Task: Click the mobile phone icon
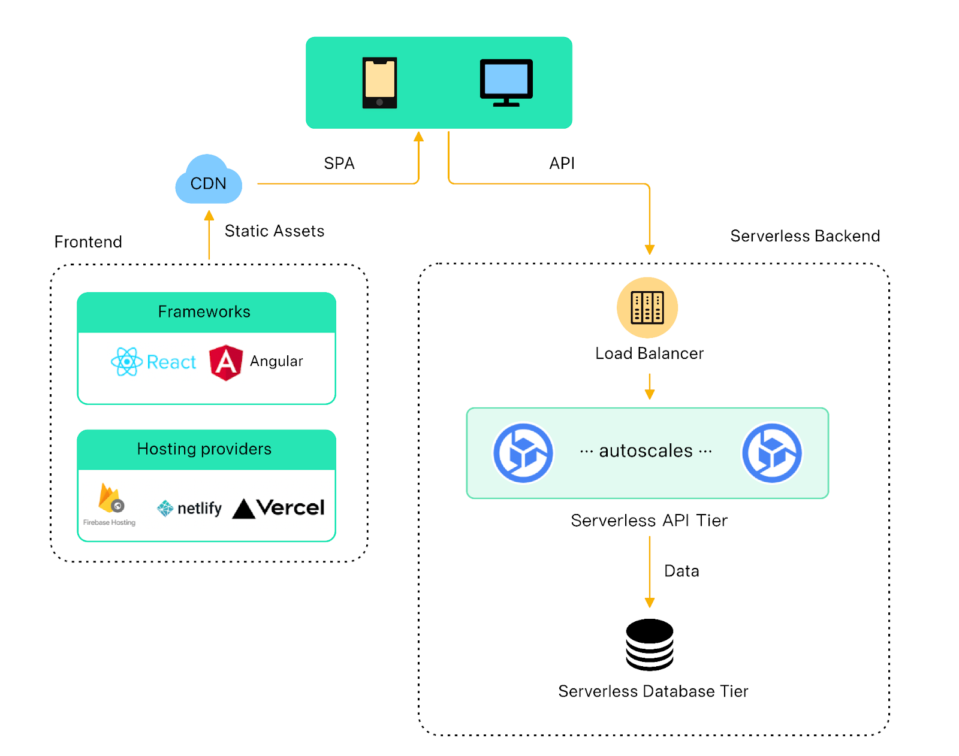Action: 379,83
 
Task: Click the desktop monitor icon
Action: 506,82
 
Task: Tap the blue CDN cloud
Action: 208,181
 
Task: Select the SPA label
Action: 339,163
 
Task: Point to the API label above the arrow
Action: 562,163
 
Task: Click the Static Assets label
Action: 274,231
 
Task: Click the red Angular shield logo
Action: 226,362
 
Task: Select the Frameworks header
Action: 204,312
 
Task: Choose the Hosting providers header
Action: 204,449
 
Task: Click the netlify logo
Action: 189,509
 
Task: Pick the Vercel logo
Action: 278,508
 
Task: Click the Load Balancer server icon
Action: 647,307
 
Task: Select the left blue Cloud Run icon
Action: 523,453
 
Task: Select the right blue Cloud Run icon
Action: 772,453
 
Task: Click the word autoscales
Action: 646,450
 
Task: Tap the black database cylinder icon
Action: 649,645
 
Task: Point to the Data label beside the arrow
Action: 681,571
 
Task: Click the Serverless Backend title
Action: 804,236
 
